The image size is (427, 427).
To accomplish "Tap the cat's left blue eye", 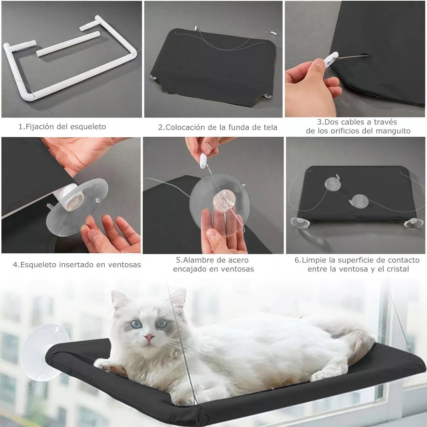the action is tap(136, 324).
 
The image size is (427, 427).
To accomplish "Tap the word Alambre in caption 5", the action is tap(196, 260).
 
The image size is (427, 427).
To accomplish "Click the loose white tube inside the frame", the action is tap(68, 43).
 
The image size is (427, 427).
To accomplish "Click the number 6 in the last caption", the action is tap(297, 260).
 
